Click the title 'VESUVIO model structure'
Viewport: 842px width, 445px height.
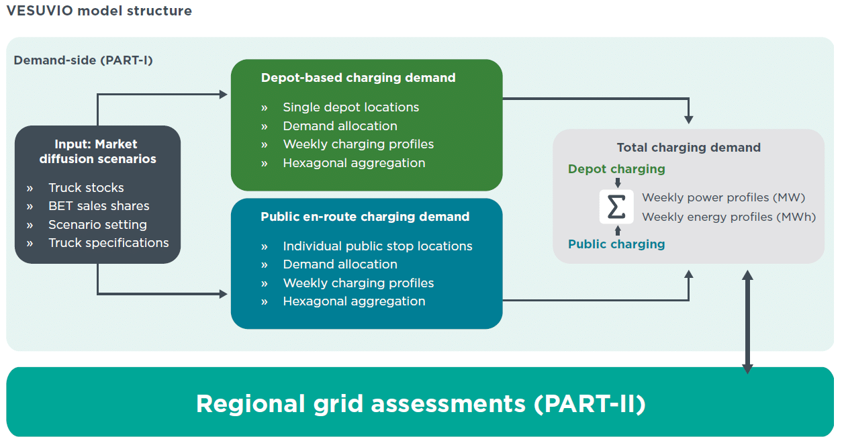[x=99, y=11]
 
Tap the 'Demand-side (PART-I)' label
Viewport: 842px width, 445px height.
[x=83, y=60]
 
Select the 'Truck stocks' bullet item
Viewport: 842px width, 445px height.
[x=86, y=187]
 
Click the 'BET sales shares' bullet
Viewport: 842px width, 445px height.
[x=99, y=206]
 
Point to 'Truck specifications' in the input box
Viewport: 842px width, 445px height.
[x=109, y=243]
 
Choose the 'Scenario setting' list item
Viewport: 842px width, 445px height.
[x=98, y=224]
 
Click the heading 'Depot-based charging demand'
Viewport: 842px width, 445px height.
[x=359, y=78]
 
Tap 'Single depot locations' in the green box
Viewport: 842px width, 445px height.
[x=351, y=107]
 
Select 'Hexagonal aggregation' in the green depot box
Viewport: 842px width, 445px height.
[x=354, y=163]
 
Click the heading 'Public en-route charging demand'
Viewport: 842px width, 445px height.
[x=365, y=217]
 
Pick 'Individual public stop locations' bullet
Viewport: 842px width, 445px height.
[x=378, y=246]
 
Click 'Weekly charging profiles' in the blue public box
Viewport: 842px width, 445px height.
[x=359, y=283]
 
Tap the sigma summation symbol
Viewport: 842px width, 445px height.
[x=616, y=207]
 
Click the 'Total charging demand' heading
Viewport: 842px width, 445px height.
[x=689, y=148]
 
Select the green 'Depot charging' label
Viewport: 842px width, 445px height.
[x=616, y=169]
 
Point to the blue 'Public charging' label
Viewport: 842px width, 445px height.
[x=616, y=244]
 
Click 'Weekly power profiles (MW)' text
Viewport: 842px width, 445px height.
[x=724, y=197]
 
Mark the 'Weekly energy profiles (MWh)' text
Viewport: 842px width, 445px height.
[x=729, y=217]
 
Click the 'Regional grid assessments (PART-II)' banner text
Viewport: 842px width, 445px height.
[x=421, y=403]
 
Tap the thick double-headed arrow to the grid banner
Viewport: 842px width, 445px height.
[x=747, y=322]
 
